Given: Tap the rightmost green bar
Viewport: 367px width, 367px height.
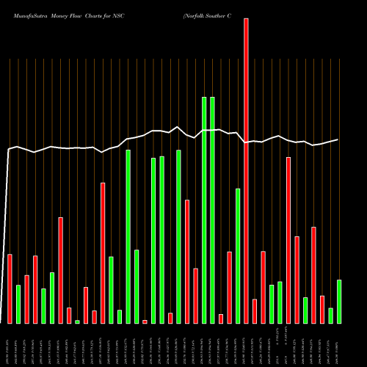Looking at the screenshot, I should [339, 301].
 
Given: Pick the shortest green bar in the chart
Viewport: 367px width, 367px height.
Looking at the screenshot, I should [77, 321].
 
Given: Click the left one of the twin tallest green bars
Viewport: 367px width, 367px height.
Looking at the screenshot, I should [204, 210].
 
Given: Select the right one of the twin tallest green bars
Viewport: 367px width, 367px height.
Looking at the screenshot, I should [212, 210].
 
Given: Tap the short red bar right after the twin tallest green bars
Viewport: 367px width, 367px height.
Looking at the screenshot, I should [221, 319].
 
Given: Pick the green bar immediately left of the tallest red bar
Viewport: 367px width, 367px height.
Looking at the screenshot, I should [238, 255].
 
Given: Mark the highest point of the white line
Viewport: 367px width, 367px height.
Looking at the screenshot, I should [178, 126].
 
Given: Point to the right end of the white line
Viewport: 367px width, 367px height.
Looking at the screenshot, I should [338, 139].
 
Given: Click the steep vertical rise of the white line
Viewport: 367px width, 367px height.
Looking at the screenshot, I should [7, 235].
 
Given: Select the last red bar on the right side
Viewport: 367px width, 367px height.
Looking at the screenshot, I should [322, 309].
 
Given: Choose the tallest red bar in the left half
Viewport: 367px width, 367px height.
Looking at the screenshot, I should [103, 252].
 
